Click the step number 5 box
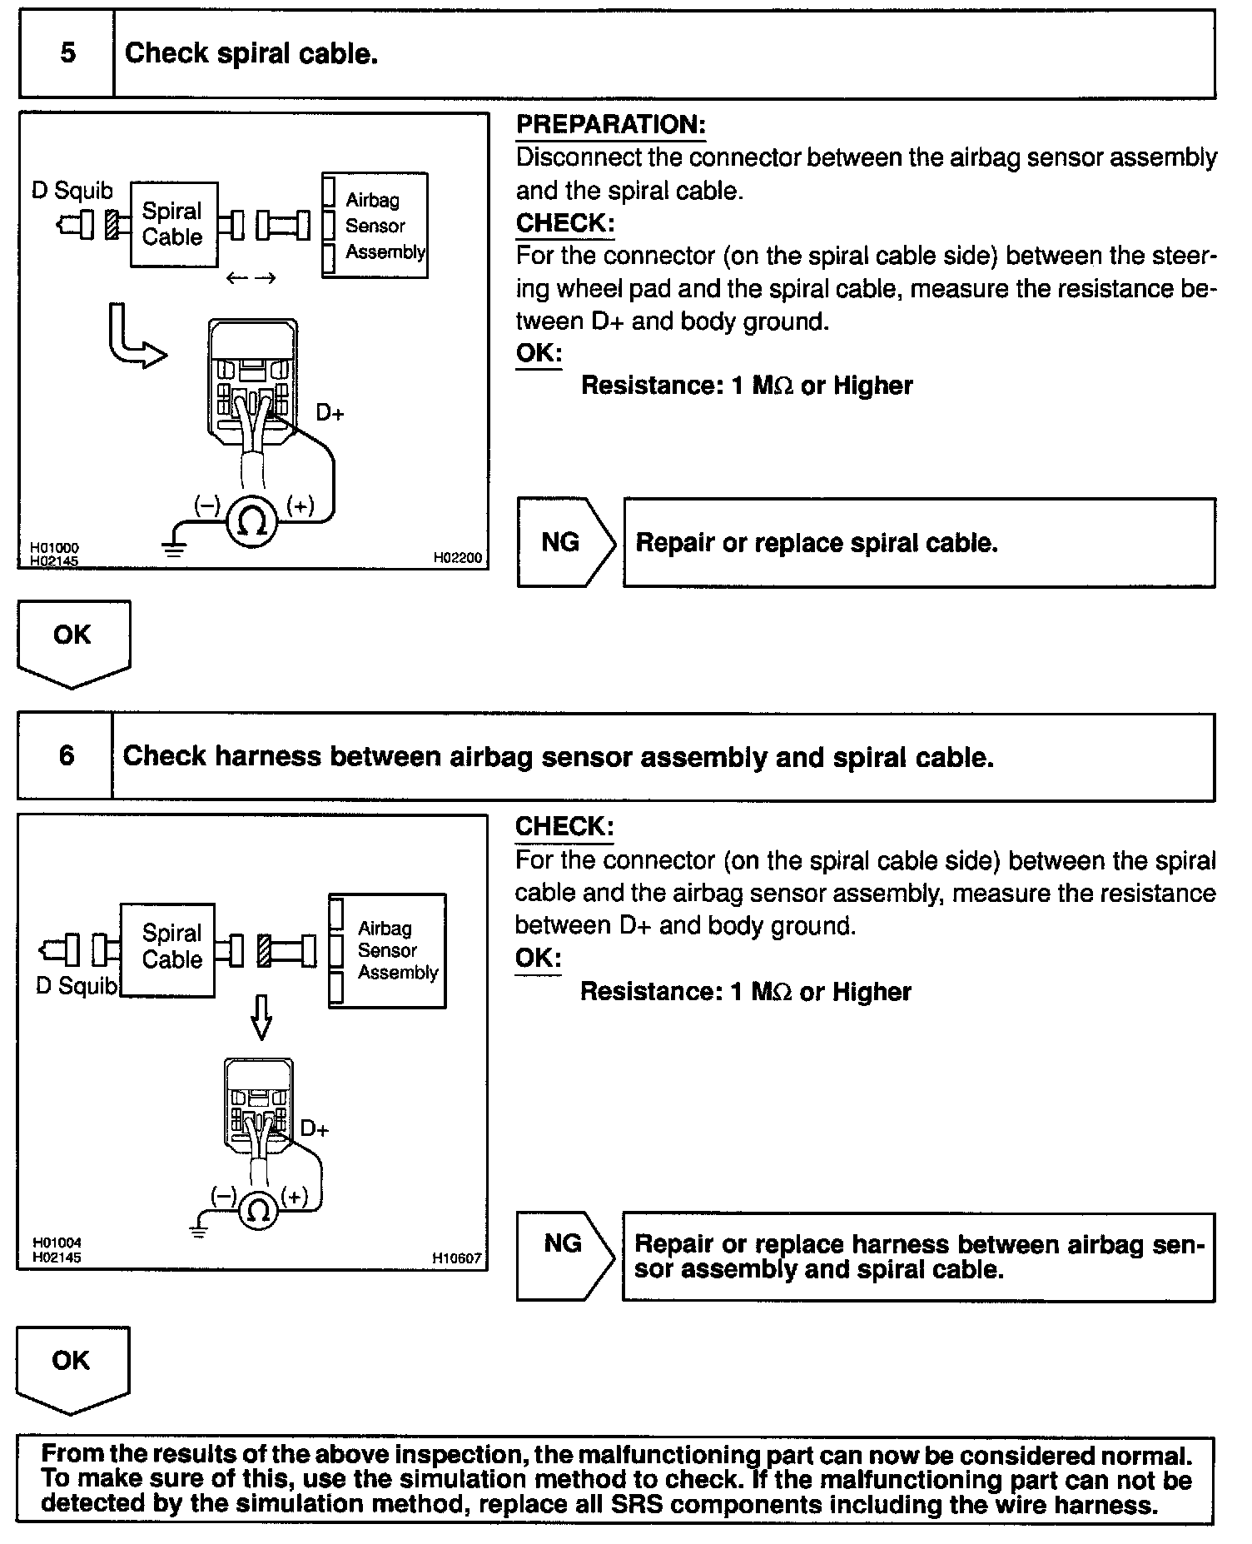pyautogui.click(x=67, y=54)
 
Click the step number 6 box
pyautogui.click(x=66, y=756)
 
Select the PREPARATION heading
pyautogui.click(x=610, y=125)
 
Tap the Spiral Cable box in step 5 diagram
pyautogui.click(x=173, y=224)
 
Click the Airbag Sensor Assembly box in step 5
pyautogui.click(x=375, y=225)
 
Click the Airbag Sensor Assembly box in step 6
pyautogui.click(x=388, y=950)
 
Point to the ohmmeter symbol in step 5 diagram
pyautogui.click(x=252, y=521)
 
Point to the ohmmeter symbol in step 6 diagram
pyautogui.click(x=259, y=1209)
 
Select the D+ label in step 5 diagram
pyautogui.click(x=330, y=413)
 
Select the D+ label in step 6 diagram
pyautogui.click(x=315, y=1129)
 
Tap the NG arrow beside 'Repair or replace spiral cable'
pyautogui.click(x=564, y=543)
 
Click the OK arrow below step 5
pyautogui.click(x=73, y=641)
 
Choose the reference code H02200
pyautogui.click(x=457, y=558)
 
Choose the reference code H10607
pyautogui.click(x=456, y=1258)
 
